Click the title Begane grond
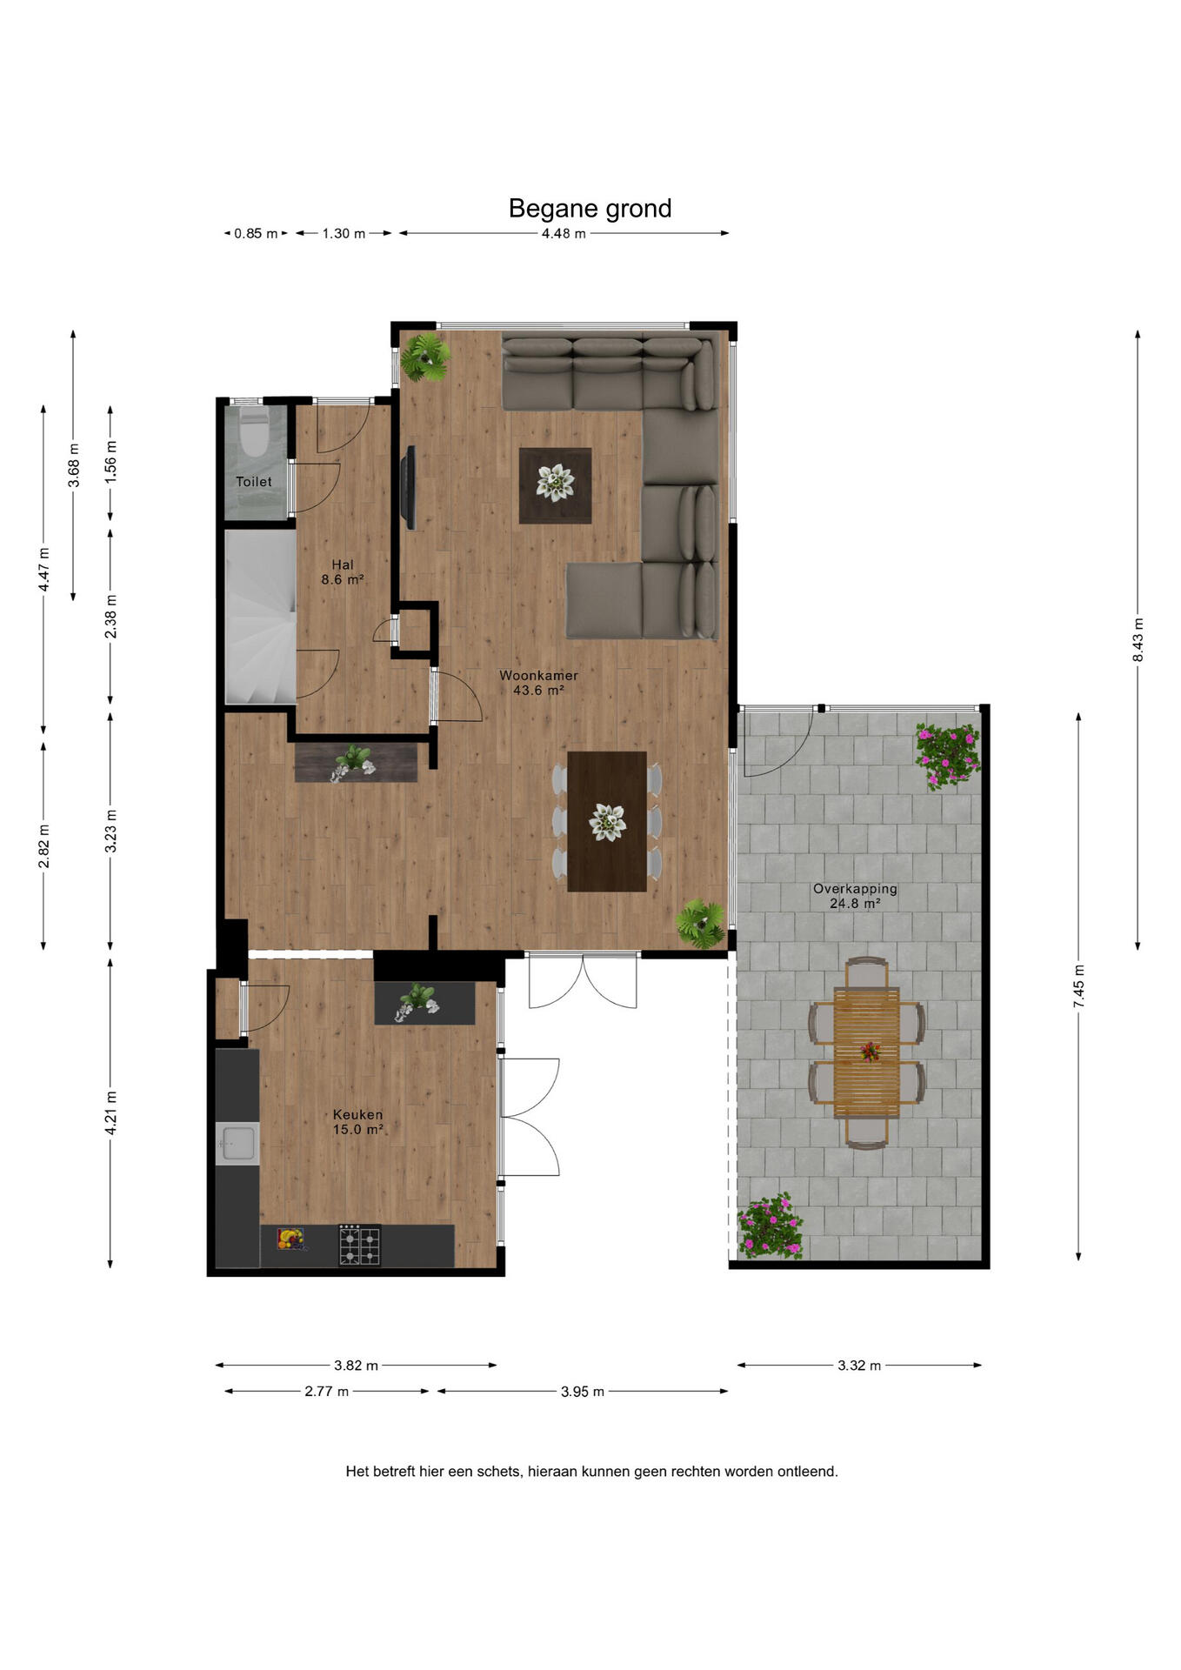pos(590,209)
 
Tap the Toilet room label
pos(254,482)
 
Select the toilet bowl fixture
pos(255,434)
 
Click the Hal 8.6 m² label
pos(342,572)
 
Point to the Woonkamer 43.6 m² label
pos(538,683)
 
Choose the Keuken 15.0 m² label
pos(357,1122)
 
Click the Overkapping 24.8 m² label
pos(855,896)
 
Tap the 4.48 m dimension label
pos(564,233)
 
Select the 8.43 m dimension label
pos(1138,639)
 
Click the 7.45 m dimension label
pos(1078,986)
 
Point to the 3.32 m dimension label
pos(859,1366)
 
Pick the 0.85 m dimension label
pos(256,233)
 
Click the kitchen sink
pos(237,1142)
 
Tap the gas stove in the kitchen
pos(359,1246)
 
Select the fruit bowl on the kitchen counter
pos(290,1238)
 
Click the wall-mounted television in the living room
pos(408,487)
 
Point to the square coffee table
pos(555,485)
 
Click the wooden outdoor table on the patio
pos(866,1052)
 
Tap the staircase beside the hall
pos(261,617)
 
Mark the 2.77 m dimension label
pos(326,1392)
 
